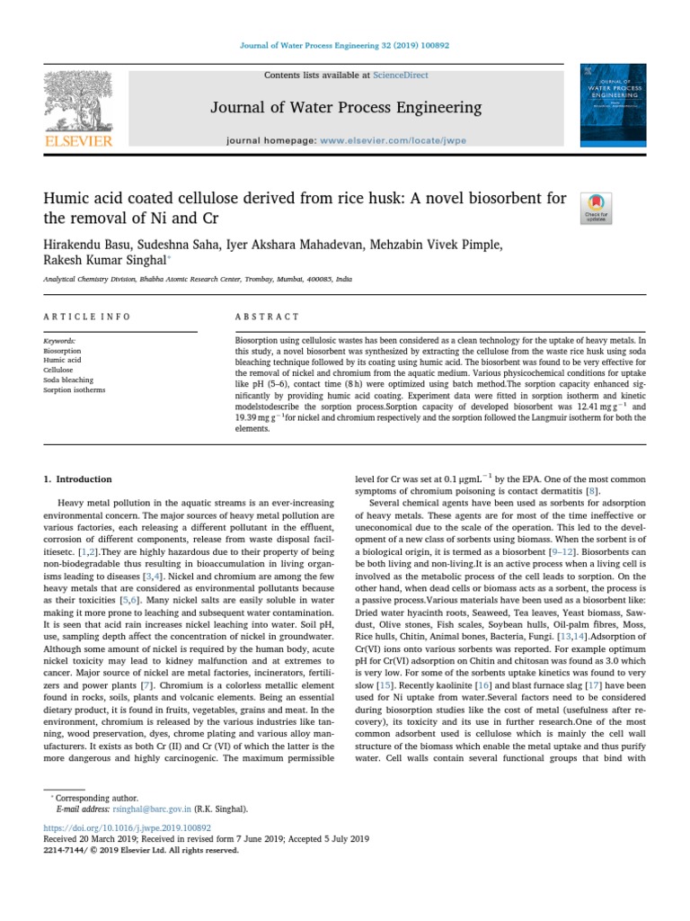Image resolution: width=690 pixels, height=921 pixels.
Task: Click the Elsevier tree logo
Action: (78, 102)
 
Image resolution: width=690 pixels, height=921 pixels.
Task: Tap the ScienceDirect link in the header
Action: (402, 76)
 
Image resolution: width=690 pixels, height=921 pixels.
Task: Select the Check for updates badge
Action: (597, 208)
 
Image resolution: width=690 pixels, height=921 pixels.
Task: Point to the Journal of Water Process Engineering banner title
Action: (346, 109)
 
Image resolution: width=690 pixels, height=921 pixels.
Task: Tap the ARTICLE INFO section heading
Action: (87, 317)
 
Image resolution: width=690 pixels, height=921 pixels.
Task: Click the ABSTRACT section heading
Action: (267, 317)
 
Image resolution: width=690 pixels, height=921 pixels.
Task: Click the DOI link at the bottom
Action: (128, 827)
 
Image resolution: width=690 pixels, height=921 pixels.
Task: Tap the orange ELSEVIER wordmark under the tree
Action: (79, 141)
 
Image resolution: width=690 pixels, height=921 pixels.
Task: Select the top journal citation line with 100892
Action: (344, 46)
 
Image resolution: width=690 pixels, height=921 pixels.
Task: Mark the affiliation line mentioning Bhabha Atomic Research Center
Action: (197, 280)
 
